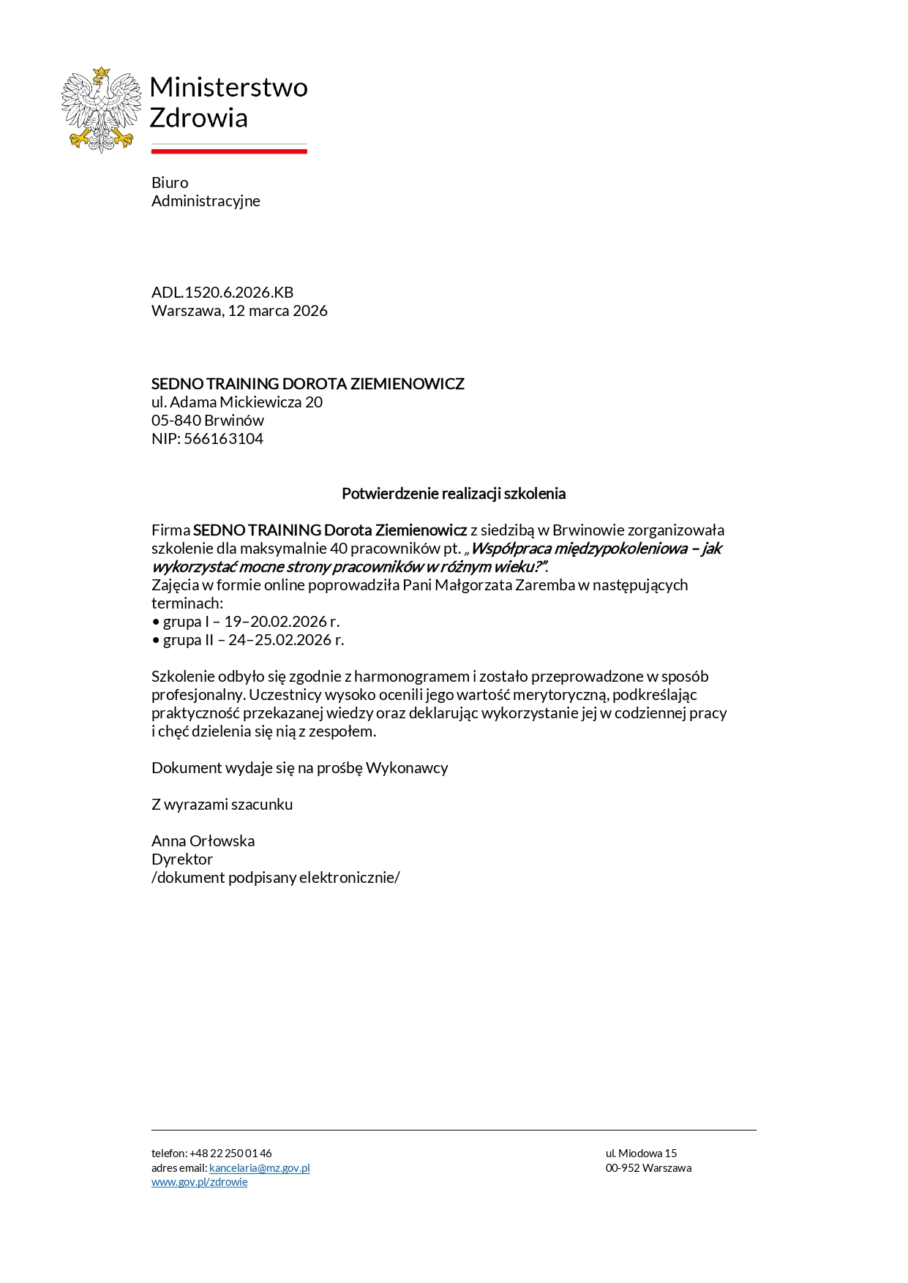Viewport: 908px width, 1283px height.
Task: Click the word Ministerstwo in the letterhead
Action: pyautogui.click(x=228, y=87)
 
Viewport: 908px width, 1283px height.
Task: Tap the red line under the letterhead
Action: pyautogui.click(x=229, y=151)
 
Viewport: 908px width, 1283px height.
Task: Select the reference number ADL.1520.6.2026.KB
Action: pyautogui.click(x=222, y=293)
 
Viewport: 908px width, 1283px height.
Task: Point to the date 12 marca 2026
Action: pyautogui.click(x=277, y=311)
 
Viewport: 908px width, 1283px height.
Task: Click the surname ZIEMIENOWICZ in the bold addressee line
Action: pyautogui.click(x=407, y=384)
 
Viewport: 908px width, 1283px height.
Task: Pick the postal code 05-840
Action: pyautogui.click(x=176, y=421)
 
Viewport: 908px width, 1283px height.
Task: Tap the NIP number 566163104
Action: pyautogui.click(x=223, y=439)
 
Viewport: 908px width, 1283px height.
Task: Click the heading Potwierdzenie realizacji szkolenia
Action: pyautogui.click(x=454, y=494)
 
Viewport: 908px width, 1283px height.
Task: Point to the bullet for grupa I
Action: pyautogui.click(x=156, y=622)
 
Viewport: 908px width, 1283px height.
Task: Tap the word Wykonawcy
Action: pyautogui.click(x=407, y=768)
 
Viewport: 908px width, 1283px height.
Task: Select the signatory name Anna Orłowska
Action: pyautogui.click(x=203, y=841)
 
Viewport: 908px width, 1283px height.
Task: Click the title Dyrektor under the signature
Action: pyautogui.click(x=182, y=859)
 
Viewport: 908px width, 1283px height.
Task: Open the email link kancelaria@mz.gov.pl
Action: pyautogui.click(x=259, y=1168)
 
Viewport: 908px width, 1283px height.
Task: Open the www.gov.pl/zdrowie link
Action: pyautogui.click(x=199, y=1182)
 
